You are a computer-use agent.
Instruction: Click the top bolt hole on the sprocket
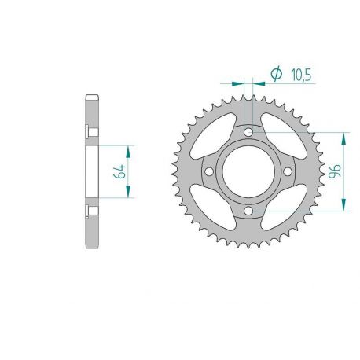coord(248,132)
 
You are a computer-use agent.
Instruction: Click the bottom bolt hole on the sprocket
coord(248,211)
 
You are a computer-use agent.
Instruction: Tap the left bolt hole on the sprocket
coord(208,171)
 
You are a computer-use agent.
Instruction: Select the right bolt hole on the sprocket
coord(287,171)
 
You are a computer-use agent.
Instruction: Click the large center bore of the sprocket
coord(248,171)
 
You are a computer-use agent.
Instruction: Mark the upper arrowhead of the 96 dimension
coord(343,136)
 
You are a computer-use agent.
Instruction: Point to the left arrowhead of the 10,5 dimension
coord(239,81)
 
